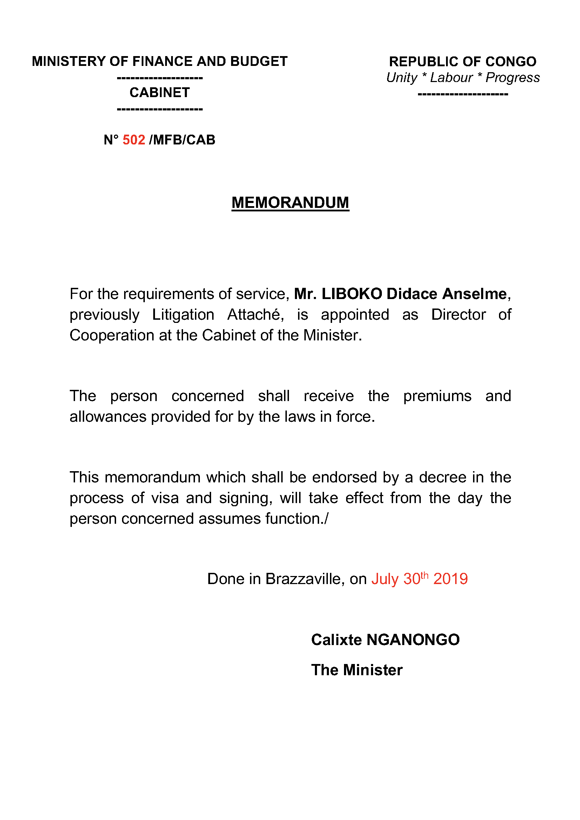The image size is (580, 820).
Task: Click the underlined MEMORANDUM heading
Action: pos(290,203)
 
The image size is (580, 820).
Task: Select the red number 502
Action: pos(134,140)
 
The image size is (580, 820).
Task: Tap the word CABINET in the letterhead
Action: pos(160,93)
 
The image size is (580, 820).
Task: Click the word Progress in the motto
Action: pos(513,78)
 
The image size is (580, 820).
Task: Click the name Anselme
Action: pos(474,294)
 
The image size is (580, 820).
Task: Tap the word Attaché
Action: pos(255,314)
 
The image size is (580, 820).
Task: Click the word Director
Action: pos(459,314)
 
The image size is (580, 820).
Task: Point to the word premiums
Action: pos(437,396)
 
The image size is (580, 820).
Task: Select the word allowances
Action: pos(108,417)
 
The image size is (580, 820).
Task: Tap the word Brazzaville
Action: pos(305,579)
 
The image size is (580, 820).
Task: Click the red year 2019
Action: pos(450,579)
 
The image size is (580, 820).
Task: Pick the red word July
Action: pos(385,579)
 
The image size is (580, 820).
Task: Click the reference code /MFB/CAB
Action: pos(182,140)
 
